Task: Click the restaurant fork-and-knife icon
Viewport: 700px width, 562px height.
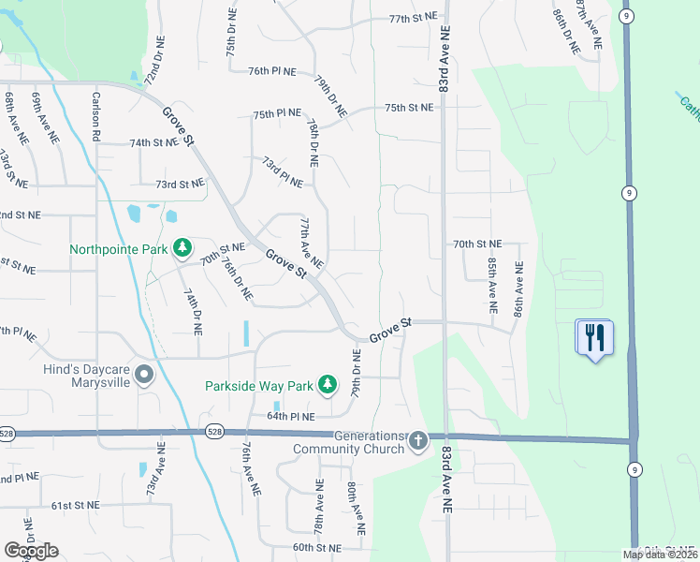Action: pos(594,336)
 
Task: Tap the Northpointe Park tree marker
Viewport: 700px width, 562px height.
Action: pos(183,248)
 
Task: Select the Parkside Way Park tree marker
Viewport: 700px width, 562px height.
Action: pos(327,384)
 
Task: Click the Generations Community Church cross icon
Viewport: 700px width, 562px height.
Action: pos(418,439)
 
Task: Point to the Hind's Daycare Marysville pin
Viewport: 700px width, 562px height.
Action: pos(144,375)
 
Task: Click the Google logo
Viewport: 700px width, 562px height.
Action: pos(31,550)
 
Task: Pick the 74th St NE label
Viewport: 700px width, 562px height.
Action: pos(153,143)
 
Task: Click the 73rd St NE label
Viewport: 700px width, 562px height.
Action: pos(179,185)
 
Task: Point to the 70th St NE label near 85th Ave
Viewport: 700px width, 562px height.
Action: pos(477,244)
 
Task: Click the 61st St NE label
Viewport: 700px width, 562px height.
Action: pos(75,506)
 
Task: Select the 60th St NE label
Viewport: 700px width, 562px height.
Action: pos(314,547)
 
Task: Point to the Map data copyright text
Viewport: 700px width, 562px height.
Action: pos(660,555)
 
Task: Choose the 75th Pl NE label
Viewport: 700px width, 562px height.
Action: pos(277,113)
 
